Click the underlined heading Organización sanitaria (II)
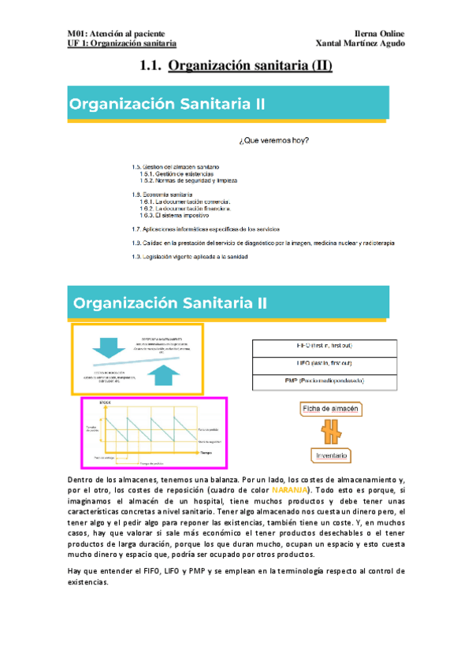pyautogui.click(x=251, y=66)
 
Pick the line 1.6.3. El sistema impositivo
pyautogui.click(x=174, y=215)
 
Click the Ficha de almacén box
pyautogui.click(x=331, y=410)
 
